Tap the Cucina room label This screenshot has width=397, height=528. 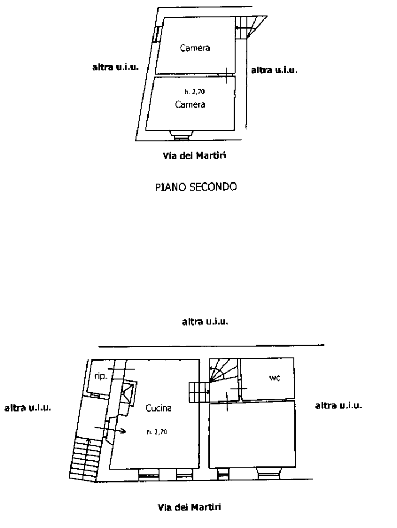[x=159, y=409]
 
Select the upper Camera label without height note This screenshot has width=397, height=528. [x=195, y=48]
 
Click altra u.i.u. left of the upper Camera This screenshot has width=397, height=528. [x=115, y=68]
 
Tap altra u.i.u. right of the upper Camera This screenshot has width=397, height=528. [x=275, y=70]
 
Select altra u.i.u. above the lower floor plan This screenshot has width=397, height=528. [x=206, y=321]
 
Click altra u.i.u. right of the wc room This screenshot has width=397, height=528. [x=338, y=406]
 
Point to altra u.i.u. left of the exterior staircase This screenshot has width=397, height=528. [x=28, y=408]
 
